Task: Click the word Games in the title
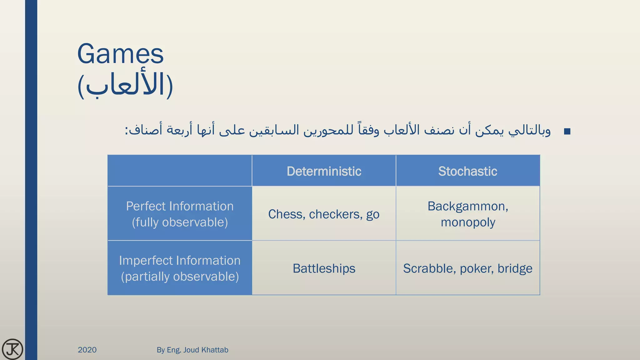pyautogui.click(x=120, y=54)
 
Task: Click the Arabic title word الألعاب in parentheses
pyautogui.click(x=125, y=85)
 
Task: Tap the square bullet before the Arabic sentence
pyautogui.click(x=567, y=132)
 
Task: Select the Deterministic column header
pyautogui.click(x=324, y=171)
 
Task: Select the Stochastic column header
pyautogui.click(x=467, y=171)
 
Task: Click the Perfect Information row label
pyautogui.click(x=180, y=206)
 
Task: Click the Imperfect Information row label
pyautogui.click(x=180, y=261)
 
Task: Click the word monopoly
pyautogui.click(x=468, y=222)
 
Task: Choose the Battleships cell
pyautogui.click(x=324, y=268)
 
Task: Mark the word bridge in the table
pyautogui.click(x=515, y=268)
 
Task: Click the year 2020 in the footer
pyautogui.click(x=87, y=350)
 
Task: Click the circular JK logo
pyautogui.click(x=12, y=349)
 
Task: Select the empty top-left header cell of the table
pyautogui.click(x=180, y=171)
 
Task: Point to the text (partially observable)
pyautogui.click(x=180, y=277)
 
